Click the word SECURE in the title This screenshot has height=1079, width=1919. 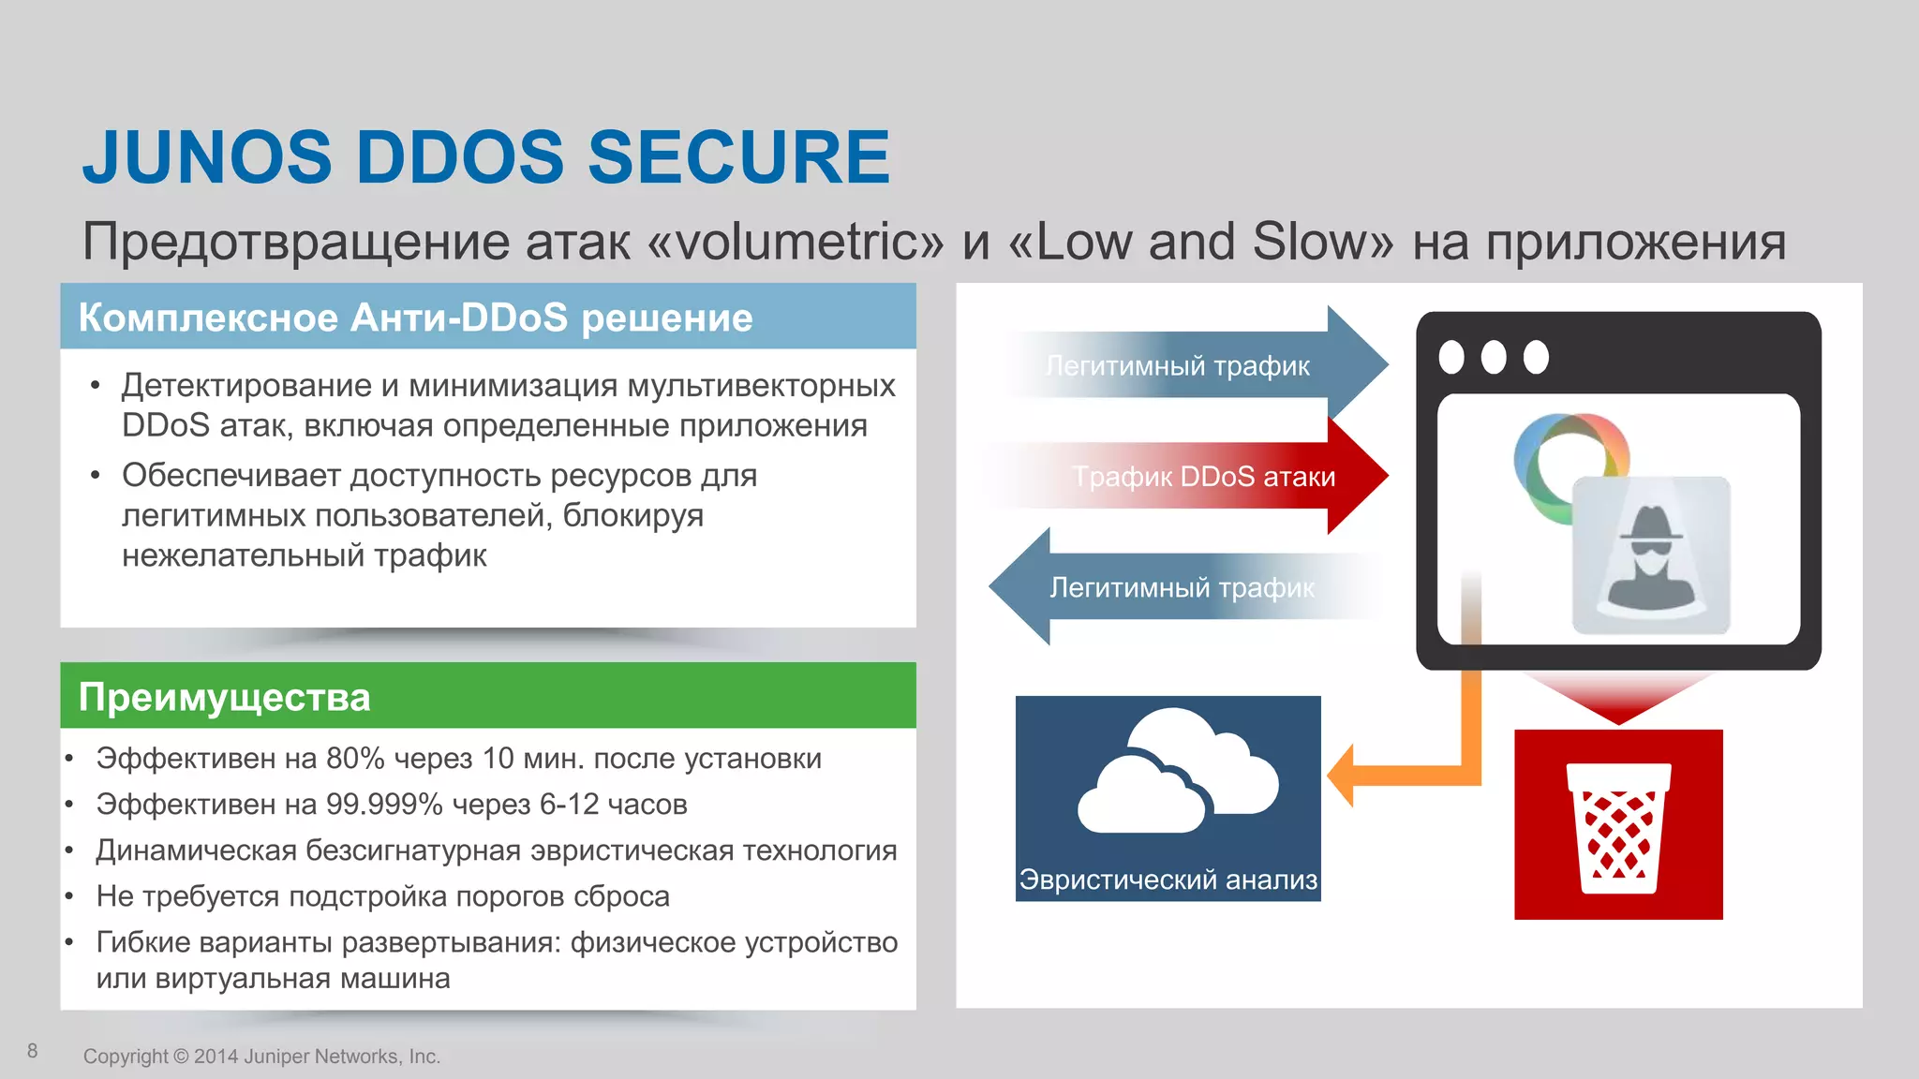point(738,157)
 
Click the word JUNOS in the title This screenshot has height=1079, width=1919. point(207,157)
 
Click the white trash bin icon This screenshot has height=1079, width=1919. point(1618,828)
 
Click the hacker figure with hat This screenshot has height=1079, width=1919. point(1650,558)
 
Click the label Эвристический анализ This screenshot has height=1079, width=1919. point(1168,879)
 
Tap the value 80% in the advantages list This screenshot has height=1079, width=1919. point(355,759)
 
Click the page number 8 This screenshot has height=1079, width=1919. point(33,1051)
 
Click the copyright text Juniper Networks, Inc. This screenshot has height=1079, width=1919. point(341,1057)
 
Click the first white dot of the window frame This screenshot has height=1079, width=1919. point(1451,357)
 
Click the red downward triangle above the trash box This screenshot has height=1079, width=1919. point(1618,698)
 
